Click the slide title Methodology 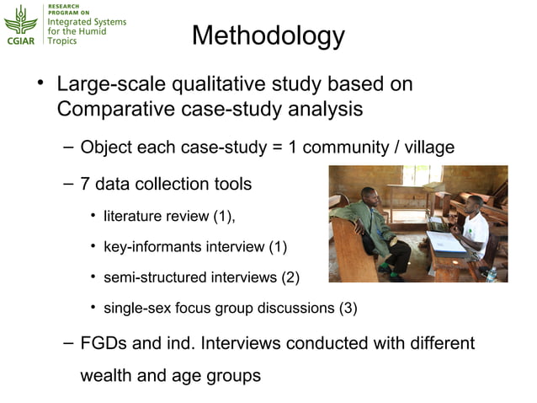coord(268,35)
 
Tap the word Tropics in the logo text coord(62,40)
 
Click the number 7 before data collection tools coord(86,183)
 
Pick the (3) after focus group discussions coord(348,308)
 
